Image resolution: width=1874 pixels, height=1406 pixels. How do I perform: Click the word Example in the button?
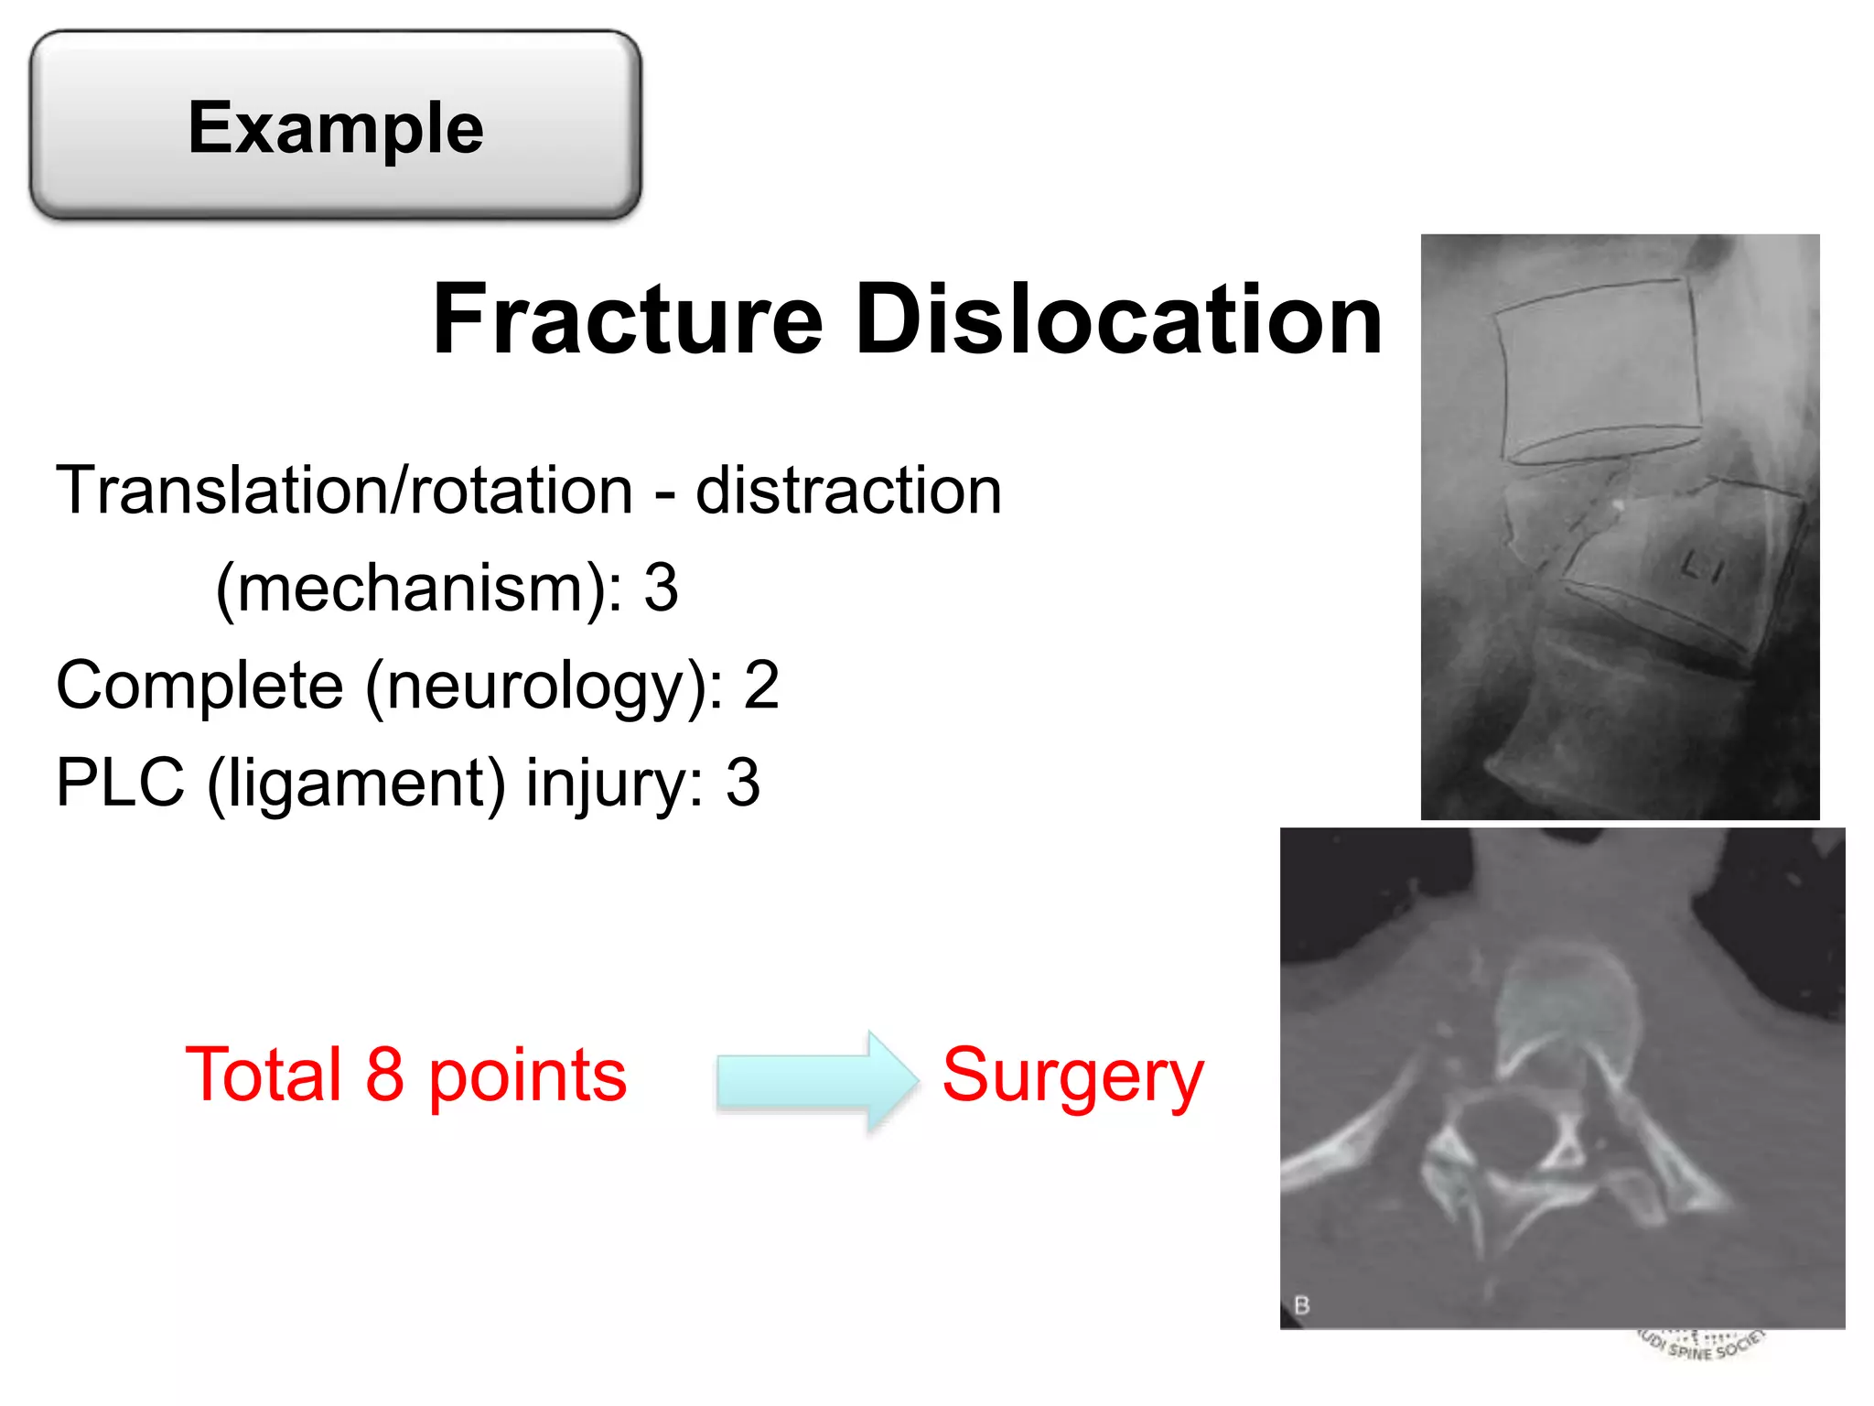(x=336, y=128)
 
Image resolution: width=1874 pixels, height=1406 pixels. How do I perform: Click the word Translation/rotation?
(x=344, y=491)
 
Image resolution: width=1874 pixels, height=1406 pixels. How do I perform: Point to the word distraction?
(x=848, y=491)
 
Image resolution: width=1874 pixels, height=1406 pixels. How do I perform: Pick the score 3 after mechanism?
(x=661, y=588)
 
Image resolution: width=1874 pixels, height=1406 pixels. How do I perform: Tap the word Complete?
(x=199, y=686)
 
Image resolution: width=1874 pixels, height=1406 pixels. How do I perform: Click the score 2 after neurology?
(x=761, y=686)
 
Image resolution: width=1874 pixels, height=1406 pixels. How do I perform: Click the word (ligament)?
(x=356, y=784)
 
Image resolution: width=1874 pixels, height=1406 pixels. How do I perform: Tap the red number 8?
(x=384, y=1075)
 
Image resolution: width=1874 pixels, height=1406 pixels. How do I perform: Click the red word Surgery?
(x=1072, y=1076)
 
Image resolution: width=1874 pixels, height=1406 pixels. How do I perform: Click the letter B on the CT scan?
(x=1302, y=1304)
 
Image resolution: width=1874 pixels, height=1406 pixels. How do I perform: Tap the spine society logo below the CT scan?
(x=1701, y=1346)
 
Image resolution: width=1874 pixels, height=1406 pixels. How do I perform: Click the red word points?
(x=527, y=1076)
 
